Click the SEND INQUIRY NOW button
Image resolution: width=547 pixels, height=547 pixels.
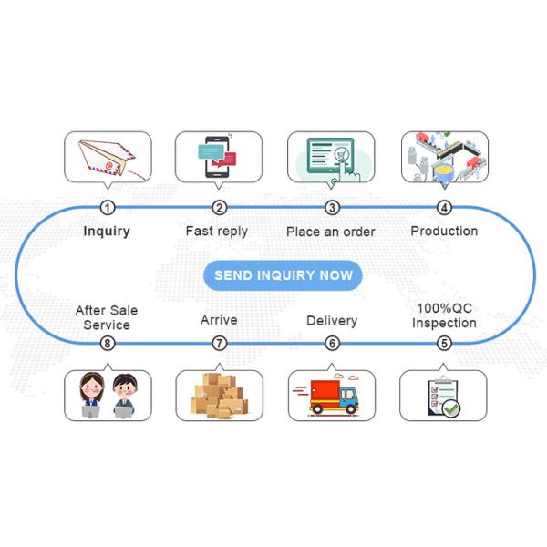283,274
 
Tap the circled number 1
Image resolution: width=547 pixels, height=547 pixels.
108,208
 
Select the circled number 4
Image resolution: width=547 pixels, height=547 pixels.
444,208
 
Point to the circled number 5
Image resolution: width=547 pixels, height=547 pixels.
444,344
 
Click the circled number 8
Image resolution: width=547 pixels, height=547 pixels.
108,344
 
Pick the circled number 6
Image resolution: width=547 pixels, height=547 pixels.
332,344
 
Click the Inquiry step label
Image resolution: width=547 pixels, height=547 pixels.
107,231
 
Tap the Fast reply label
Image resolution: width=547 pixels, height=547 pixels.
216,231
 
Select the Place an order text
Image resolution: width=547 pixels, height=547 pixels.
330,232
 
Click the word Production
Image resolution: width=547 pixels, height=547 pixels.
444,231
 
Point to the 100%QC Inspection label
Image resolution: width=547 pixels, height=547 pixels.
444,315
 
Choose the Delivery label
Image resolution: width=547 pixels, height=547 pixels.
332,321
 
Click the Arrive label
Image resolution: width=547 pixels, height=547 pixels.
219,320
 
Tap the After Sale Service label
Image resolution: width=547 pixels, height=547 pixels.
107,317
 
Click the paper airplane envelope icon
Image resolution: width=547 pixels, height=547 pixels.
107,157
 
